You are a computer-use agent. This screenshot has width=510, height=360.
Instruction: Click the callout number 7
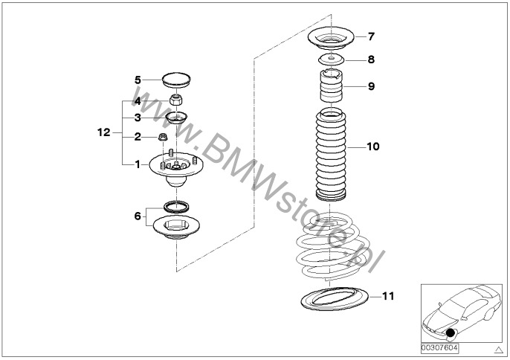371,36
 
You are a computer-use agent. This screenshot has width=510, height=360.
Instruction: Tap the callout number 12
104,132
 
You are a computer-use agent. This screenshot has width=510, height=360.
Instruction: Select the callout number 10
373,147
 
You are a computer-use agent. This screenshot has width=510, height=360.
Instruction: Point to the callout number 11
388,296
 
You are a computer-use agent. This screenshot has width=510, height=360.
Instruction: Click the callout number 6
138,216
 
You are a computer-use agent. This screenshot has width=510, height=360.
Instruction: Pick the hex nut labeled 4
175,99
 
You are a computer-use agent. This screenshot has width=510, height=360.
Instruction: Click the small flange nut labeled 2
163,137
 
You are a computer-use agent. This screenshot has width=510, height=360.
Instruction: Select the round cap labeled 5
176,80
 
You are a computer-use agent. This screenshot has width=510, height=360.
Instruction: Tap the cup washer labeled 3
176,118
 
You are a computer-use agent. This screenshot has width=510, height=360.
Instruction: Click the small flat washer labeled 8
331,60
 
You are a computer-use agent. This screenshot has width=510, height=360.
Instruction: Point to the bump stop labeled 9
332,86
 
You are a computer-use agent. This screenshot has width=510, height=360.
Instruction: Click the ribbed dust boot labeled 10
331,154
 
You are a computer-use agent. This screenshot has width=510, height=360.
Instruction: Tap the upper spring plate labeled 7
331,38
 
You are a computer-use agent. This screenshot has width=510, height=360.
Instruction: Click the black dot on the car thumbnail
450,332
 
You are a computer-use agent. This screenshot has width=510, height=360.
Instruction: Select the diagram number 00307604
439,348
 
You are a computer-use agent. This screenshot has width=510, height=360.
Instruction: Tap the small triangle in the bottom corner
498,350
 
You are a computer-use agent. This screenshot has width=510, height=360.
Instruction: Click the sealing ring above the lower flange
176,207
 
